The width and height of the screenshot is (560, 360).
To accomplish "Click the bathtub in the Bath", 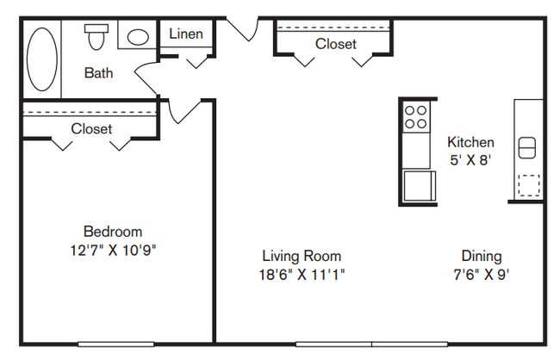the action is coord(42,59).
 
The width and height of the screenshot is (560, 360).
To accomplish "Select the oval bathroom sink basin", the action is coord(138,37).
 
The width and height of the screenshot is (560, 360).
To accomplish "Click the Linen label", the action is coord(186,34).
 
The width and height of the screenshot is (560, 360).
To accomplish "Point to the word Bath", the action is coord(98,73).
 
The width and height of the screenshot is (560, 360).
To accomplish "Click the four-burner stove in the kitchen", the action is coord(416,117).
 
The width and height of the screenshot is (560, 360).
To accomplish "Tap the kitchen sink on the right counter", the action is coord(527,147).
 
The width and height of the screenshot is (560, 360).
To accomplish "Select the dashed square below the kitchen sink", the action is coord(529,185).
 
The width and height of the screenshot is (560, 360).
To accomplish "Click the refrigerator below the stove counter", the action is coord(420,186).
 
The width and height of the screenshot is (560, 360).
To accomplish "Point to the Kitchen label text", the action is coord(470,142).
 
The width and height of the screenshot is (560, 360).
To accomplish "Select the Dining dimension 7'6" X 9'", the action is coord(482,275).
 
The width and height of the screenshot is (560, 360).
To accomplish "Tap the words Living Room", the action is coord(302,256).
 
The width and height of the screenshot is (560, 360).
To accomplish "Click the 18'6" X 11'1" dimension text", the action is coord(302,275).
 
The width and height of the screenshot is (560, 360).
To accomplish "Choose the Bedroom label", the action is coord(113,232).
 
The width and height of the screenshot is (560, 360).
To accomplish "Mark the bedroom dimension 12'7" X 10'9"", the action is coord(113,250).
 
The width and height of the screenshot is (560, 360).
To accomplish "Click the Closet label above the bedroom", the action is coord(91,128).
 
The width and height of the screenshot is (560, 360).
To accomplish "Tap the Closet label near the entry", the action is coord(336,44).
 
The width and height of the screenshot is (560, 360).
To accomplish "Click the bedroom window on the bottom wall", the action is coord(116,344).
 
